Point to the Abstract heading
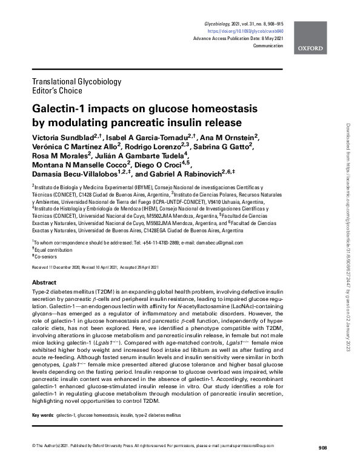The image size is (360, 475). [44, 283]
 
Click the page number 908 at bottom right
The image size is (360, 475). [322, 465]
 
